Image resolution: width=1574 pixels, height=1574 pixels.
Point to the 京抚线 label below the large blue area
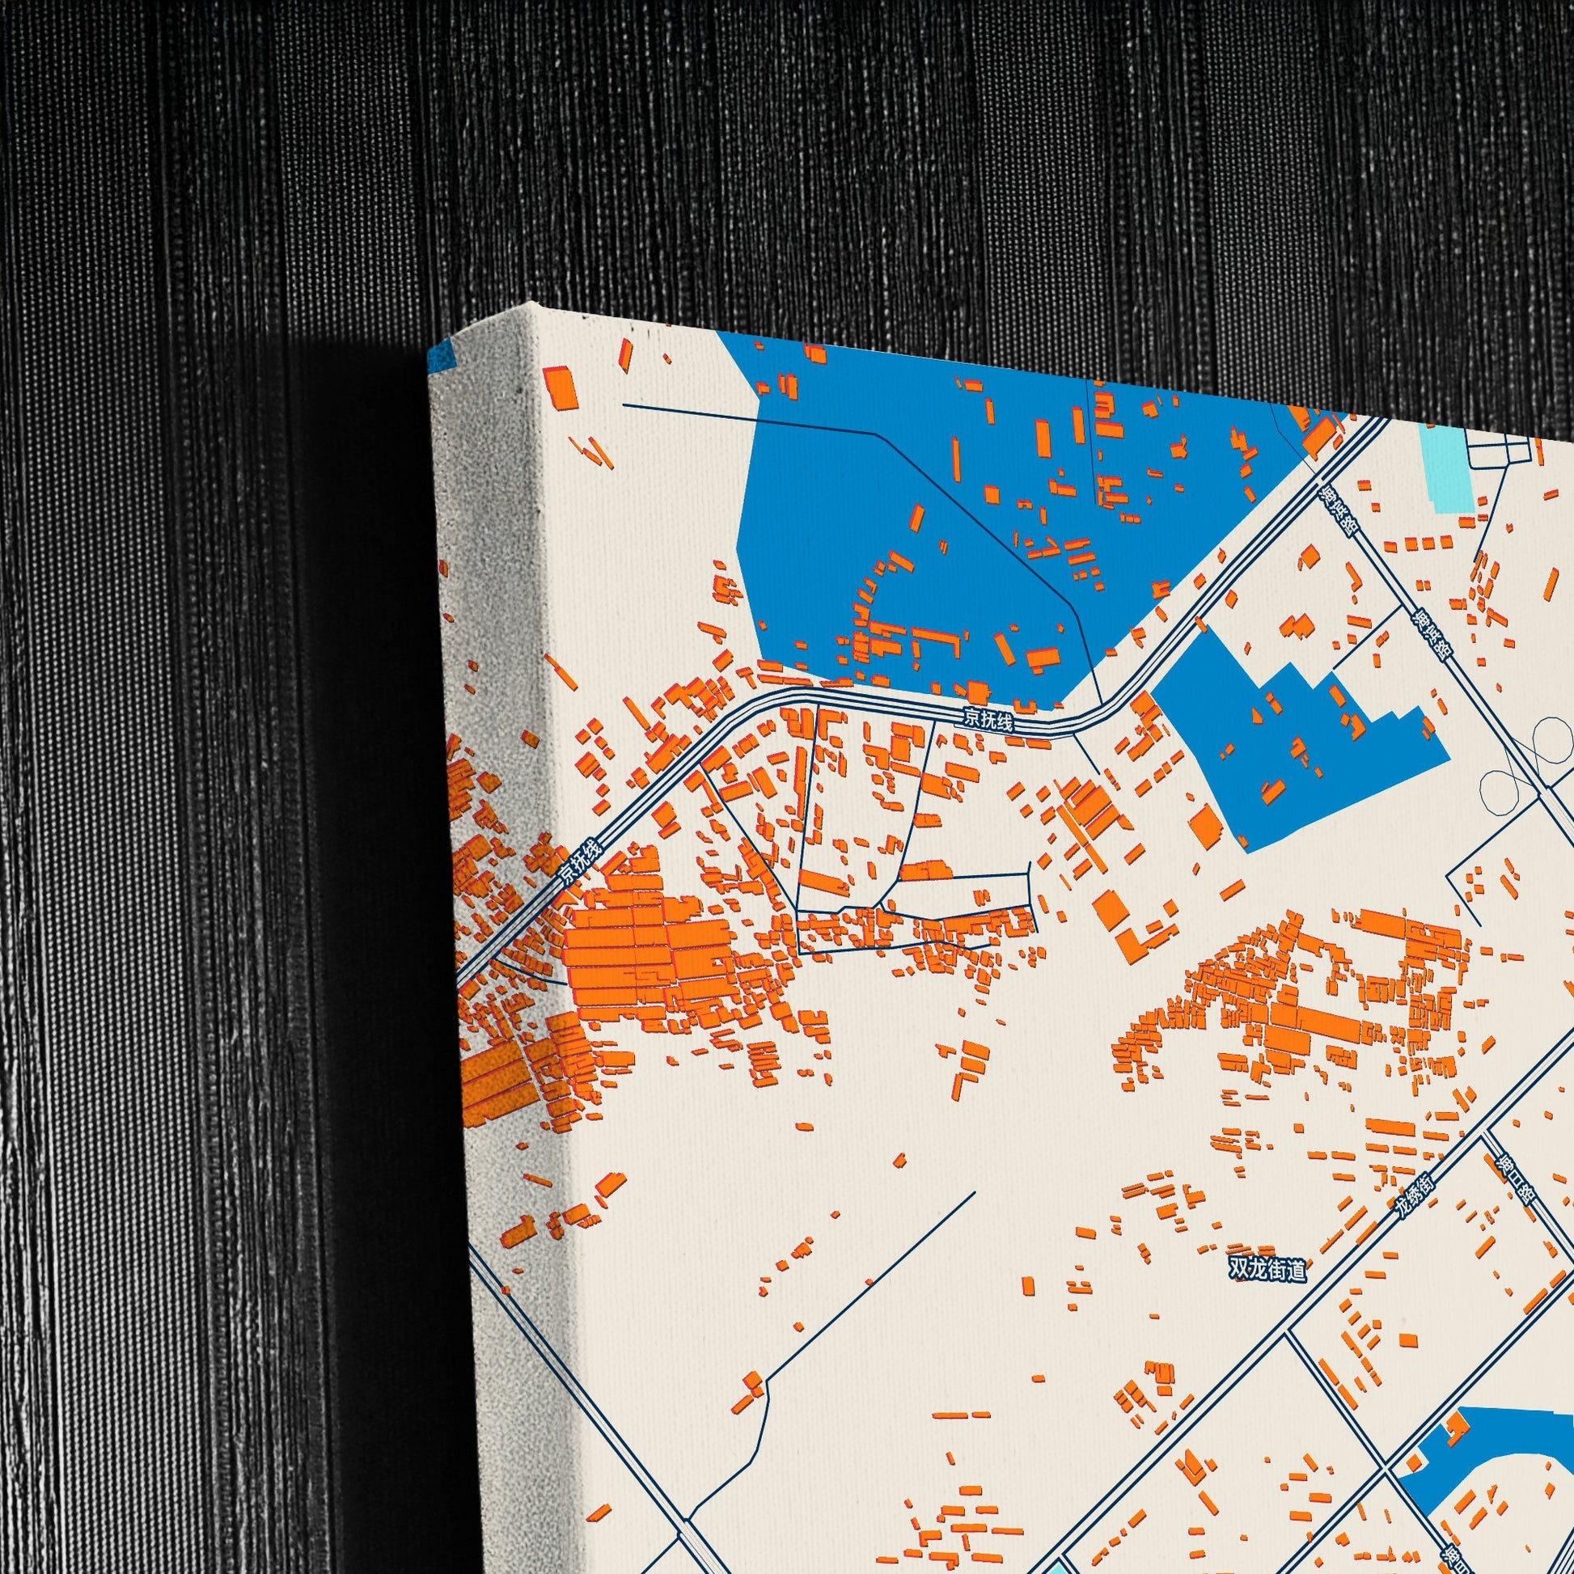tap(988, 719)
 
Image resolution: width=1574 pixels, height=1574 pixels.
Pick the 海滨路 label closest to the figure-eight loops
tap(1432, 637)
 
